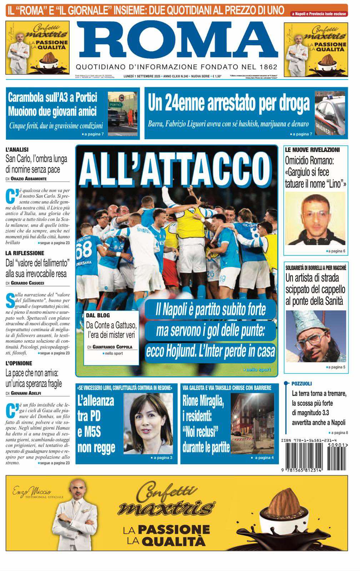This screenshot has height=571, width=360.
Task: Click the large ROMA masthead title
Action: tap(177, 41)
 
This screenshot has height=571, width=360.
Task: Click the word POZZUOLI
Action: tap(301, 383)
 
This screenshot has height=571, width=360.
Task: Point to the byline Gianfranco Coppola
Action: tap(112, 347)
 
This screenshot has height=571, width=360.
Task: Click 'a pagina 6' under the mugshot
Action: tap(336, 251)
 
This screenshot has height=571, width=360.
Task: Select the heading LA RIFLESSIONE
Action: tap(25, 253)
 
